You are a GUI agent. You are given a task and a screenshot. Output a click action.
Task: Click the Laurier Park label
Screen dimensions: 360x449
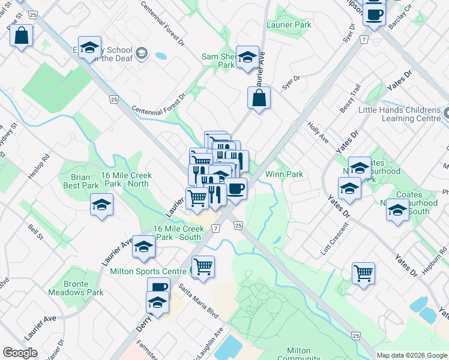pyautogui.click(x=289, y=25)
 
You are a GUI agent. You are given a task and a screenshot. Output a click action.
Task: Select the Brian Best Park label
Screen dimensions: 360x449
pyautogui.click(x=81, y=181)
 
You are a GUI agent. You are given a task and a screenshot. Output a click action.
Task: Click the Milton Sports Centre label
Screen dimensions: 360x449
pyautogui.click(x=148, y=271)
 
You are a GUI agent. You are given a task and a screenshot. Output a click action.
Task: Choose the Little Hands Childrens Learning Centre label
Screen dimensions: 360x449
pyautogui.click(x=399, y=115)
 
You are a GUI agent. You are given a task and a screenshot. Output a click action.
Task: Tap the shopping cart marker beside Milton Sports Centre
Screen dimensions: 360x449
pyautogui.click(x=203, y=266)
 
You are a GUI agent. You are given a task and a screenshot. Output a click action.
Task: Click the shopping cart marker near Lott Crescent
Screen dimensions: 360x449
pyautogui.click(x=363, y=274)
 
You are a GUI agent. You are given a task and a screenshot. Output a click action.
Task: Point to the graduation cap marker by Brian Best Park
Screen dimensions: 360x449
pyautogui.click(x=102, y=205)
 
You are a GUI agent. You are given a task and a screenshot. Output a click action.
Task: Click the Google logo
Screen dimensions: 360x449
pyautogui.click(x=20, y=353)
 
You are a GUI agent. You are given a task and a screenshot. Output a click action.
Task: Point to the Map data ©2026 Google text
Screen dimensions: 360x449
pyautogui.click(x=412, y=355)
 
